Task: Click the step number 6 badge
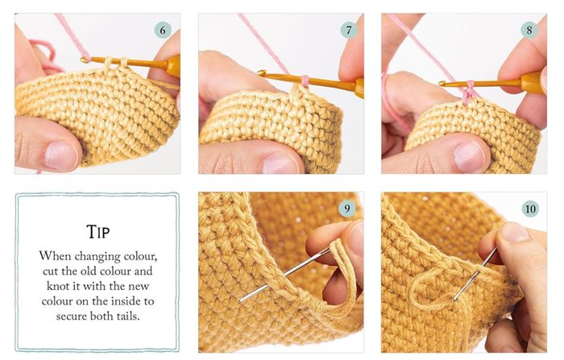(x=163, y=31)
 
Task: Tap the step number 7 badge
(x=349, y=31)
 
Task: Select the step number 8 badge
(x=529, y=30)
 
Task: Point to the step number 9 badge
(x=347, y=209)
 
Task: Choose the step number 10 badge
(x=530, y=209)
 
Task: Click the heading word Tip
(x=97, y=232)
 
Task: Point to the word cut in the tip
(x=51, y=271)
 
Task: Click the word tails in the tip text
(x=127, y=316)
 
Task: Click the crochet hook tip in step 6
(x=85, y=60)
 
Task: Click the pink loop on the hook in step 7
(x=305, y=81)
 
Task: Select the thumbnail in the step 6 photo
(x=60, y=155)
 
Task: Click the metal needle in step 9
(x=284, y=275)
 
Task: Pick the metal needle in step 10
(x=475, y=275)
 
